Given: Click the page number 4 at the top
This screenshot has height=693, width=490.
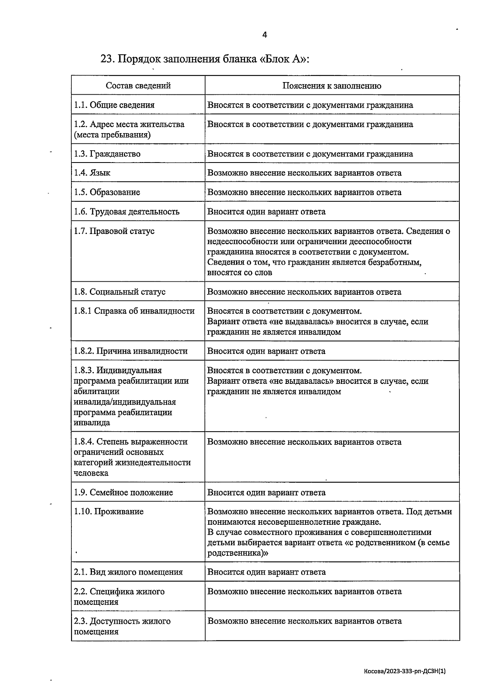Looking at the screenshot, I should pos(264,35).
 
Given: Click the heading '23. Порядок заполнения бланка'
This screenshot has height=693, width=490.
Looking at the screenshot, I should pos(205,59).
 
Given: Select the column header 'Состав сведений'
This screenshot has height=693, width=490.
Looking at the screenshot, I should pos(138,86).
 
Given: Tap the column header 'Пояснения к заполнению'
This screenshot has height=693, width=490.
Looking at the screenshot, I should pos(332,86).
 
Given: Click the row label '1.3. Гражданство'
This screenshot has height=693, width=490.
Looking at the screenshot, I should pos(107,154).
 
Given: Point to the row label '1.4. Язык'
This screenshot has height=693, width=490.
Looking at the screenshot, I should pos(92,173).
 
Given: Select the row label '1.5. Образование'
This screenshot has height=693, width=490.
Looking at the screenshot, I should pos(107,192).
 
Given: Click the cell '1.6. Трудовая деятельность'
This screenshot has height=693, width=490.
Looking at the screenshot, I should pos(127,212).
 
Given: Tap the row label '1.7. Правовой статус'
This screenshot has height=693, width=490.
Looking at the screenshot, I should pos(114,231).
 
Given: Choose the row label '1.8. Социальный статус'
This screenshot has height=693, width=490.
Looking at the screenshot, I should pos(120,292).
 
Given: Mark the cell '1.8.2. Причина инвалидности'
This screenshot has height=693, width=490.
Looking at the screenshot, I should pos(131,351).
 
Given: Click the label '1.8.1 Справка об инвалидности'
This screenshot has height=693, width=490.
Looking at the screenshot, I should pos(134,311).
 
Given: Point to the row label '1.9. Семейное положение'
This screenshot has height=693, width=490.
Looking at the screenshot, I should pos(123,492).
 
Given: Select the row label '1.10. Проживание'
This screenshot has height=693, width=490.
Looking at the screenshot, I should pos(109,512).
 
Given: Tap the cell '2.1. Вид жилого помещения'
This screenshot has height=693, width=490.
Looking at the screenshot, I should pos(128,572).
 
